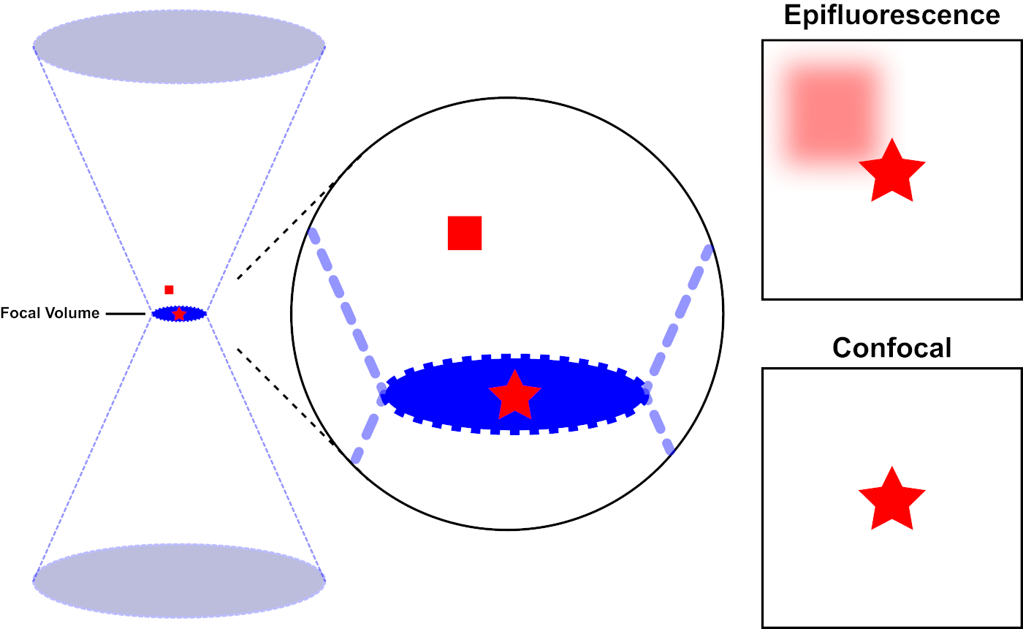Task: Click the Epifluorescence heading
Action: tap(891, 15)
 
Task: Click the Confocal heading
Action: tap(891, 347)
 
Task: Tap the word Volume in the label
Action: tap(72, 313)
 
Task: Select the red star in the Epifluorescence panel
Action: tap(891, 172)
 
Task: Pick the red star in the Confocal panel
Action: tap(891, 500)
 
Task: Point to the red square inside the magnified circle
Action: tap(465, 233)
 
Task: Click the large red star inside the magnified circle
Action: tap(514, 396)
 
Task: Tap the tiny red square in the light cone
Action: tap(169, 290)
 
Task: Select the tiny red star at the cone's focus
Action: tap(179, 314)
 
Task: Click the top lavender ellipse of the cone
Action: tap(179, 47)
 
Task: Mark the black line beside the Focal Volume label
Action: tap(126, 314)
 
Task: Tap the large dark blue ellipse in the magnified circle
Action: tap(438, 396)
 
